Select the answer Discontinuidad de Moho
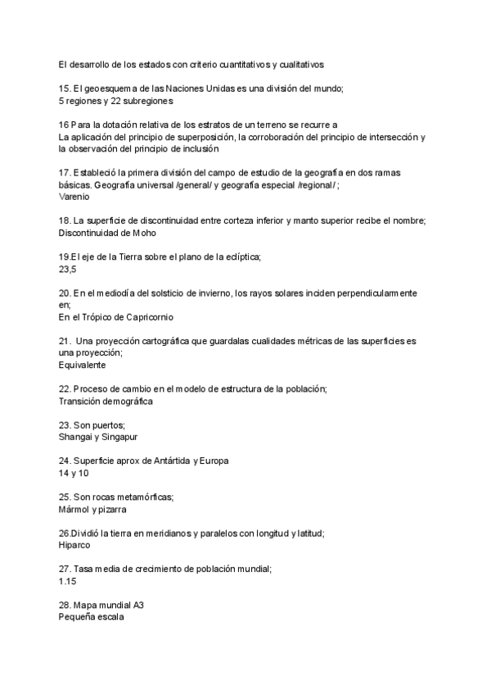(x=107, y=233)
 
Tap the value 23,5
(x=67, y=269)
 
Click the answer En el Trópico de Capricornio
(x=116, y=316)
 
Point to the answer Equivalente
(x=83, y=364)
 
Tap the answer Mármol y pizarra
(x=92, y=509)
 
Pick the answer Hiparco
(x=74, y=545)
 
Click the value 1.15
(x=67, y=581)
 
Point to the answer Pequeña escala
(x=91, y=617)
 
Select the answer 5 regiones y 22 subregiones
(x=116, y=101)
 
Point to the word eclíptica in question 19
(x=237, y=257)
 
